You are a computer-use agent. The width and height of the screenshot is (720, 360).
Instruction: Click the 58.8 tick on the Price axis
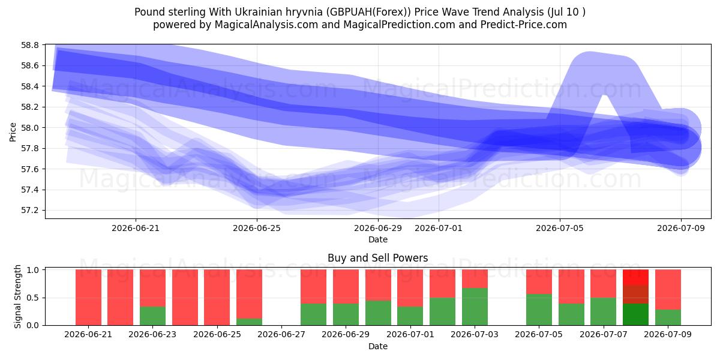29,45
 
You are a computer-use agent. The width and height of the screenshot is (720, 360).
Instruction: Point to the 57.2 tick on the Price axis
29,211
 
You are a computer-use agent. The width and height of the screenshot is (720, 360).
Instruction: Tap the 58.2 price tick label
29,107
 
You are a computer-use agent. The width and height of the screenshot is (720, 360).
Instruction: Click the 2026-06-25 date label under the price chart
257,228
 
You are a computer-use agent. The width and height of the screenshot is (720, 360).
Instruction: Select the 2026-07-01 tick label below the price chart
439,228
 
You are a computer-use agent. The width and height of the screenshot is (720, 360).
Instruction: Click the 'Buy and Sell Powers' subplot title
377,258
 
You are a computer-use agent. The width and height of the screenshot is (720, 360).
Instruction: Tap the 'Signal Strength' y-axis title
17,296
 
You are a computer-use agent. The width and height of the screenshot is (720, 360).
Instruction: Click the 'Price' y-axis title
13,132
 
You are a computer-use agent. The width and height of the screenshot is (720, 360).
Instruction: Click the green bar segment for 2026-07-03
475,307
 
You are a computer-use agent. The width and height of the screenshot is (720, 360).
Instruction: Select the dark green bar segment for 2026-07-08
635,314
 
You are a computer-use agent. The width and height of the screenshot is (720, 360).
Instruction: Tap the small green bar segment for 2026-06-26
249,322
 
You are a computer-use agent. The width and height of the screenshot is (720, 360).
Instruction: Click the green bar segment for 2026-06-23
152,316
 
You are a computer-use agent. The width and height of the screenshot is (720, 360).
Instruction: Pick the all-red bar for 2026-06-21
88,298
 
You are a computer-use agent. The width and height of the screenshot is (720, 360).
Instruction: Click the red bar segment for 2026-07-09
668,289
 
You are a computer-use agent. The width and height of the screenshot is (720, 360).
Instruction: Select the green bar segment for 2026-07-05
539,310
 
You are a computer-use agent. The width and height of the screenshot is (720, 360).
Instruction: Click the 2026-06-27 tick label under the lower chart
281,334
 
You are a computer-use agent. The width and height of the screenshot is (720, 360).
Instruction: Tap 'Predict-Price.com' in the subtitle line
524,25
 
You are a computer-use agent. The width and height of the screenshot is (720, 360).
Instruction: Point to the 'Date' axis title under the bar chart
377,346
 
